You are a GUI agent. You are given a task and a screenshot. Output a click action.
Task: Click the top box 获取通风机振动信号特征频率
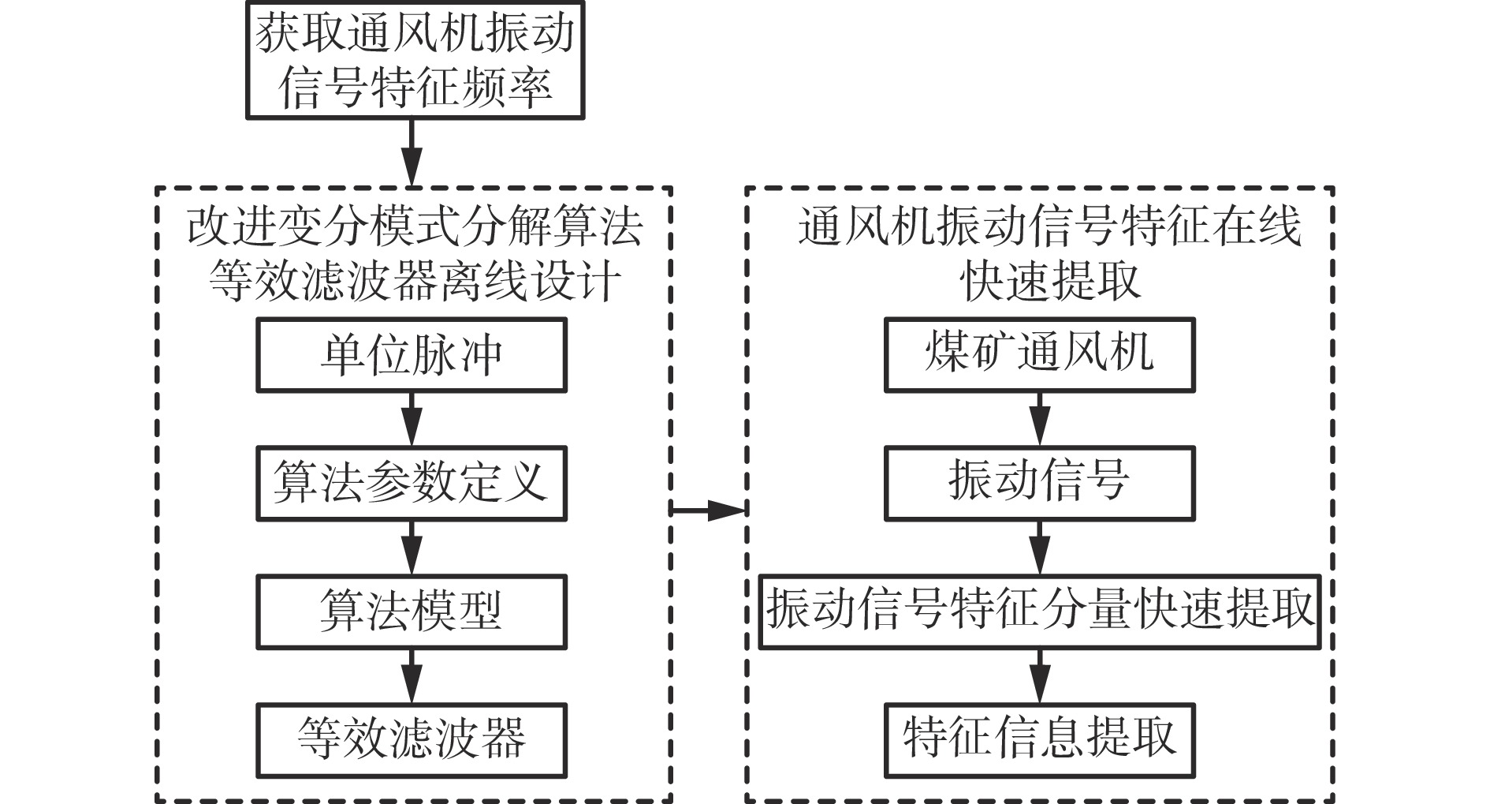coord(415,60)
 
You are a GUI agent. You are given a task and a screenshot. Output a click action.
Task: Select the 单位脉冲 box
coord(412,355)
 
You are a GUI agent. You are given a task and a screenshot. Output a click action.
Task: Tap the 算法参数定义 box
coord(412,483)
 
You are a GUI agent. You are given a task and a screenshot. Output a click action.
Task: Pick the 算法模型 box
coord(412,611)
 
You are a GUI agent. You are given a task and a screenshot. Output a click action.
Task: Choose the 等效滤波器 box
coord(412,739)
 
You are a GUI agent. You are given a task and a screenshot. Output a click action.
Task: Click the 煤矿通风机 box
coord(1039,355)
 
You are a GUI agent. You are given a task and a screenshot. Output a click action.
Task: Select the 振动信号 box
coord(1039,483)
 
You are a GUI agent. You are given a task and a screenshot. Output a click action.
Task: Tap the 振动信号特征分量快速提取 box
coord(1039,611)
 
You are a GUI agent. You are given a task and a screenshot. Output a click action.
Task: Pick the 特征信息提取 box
coord(1039,739)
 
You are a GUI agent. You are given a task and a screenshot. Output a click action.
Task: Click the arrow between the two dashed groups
coord(708,510)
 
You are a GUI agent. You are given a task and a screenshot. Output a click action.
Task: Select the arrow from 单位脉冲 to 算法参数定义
coord(412,419)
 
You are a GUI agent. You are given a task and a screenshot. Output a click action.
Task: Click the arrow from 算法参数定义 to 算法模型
coord(412,548)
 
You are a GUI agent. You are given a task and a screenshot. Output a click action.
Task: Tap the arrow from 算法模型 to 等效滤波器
coord(412,675)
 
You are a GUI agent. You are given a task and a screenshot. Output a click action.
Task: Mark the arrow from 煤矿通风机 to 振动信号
coord(1039,419)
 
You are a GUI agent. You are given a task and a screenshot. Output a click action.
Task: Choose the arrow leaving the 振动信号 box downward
coord(1039,548)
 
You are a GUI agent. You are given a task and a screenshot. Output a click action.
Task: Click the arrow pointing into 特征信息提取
coord(1039,675)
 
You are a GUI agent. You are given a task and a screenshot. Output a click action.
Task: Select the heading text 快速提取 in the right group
coord(1052,281)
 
